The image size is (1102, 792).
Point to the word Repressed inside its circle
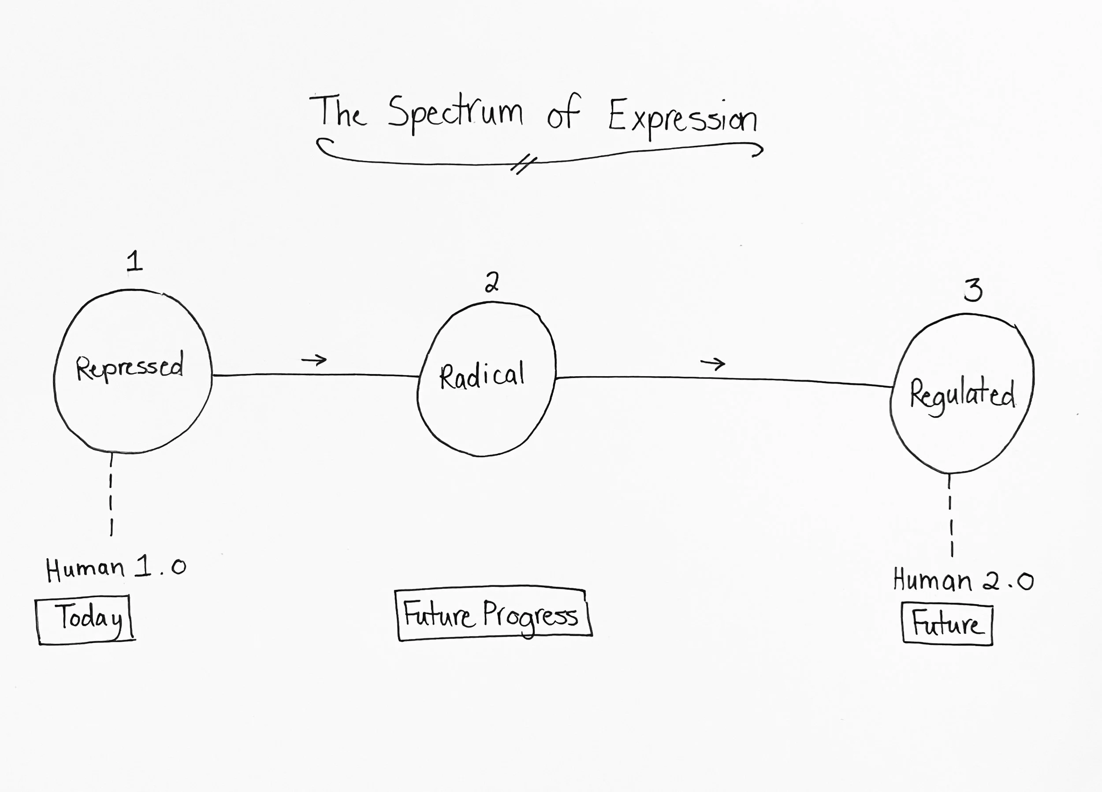point(130,368)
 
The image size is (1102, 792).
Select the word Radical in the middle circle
point(482,376)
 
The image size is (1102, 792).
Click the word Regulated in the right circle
point(962,395)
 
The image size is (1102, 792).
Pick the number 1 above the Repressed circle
point(134,262)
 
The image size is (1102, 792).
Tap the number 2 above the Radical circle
point(492,282)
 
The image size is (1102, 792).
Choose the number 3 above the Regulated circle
point(973,290)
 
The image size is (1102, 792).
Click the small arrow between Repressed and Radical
point(314,360)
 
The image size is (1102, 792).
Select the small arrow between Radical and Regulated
point(712,363)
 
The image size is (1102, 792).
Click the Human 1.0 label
point(115,569)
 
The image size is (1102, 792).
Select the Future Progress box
point(493,614)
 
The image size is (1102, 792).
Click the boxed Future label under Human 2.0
point(947,625)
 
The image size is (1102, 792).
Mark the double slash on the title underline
point(523,165)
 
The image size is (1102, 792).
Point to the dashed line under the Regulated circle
point(950,515)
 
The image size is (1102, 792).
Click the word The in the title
point(339,112)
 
